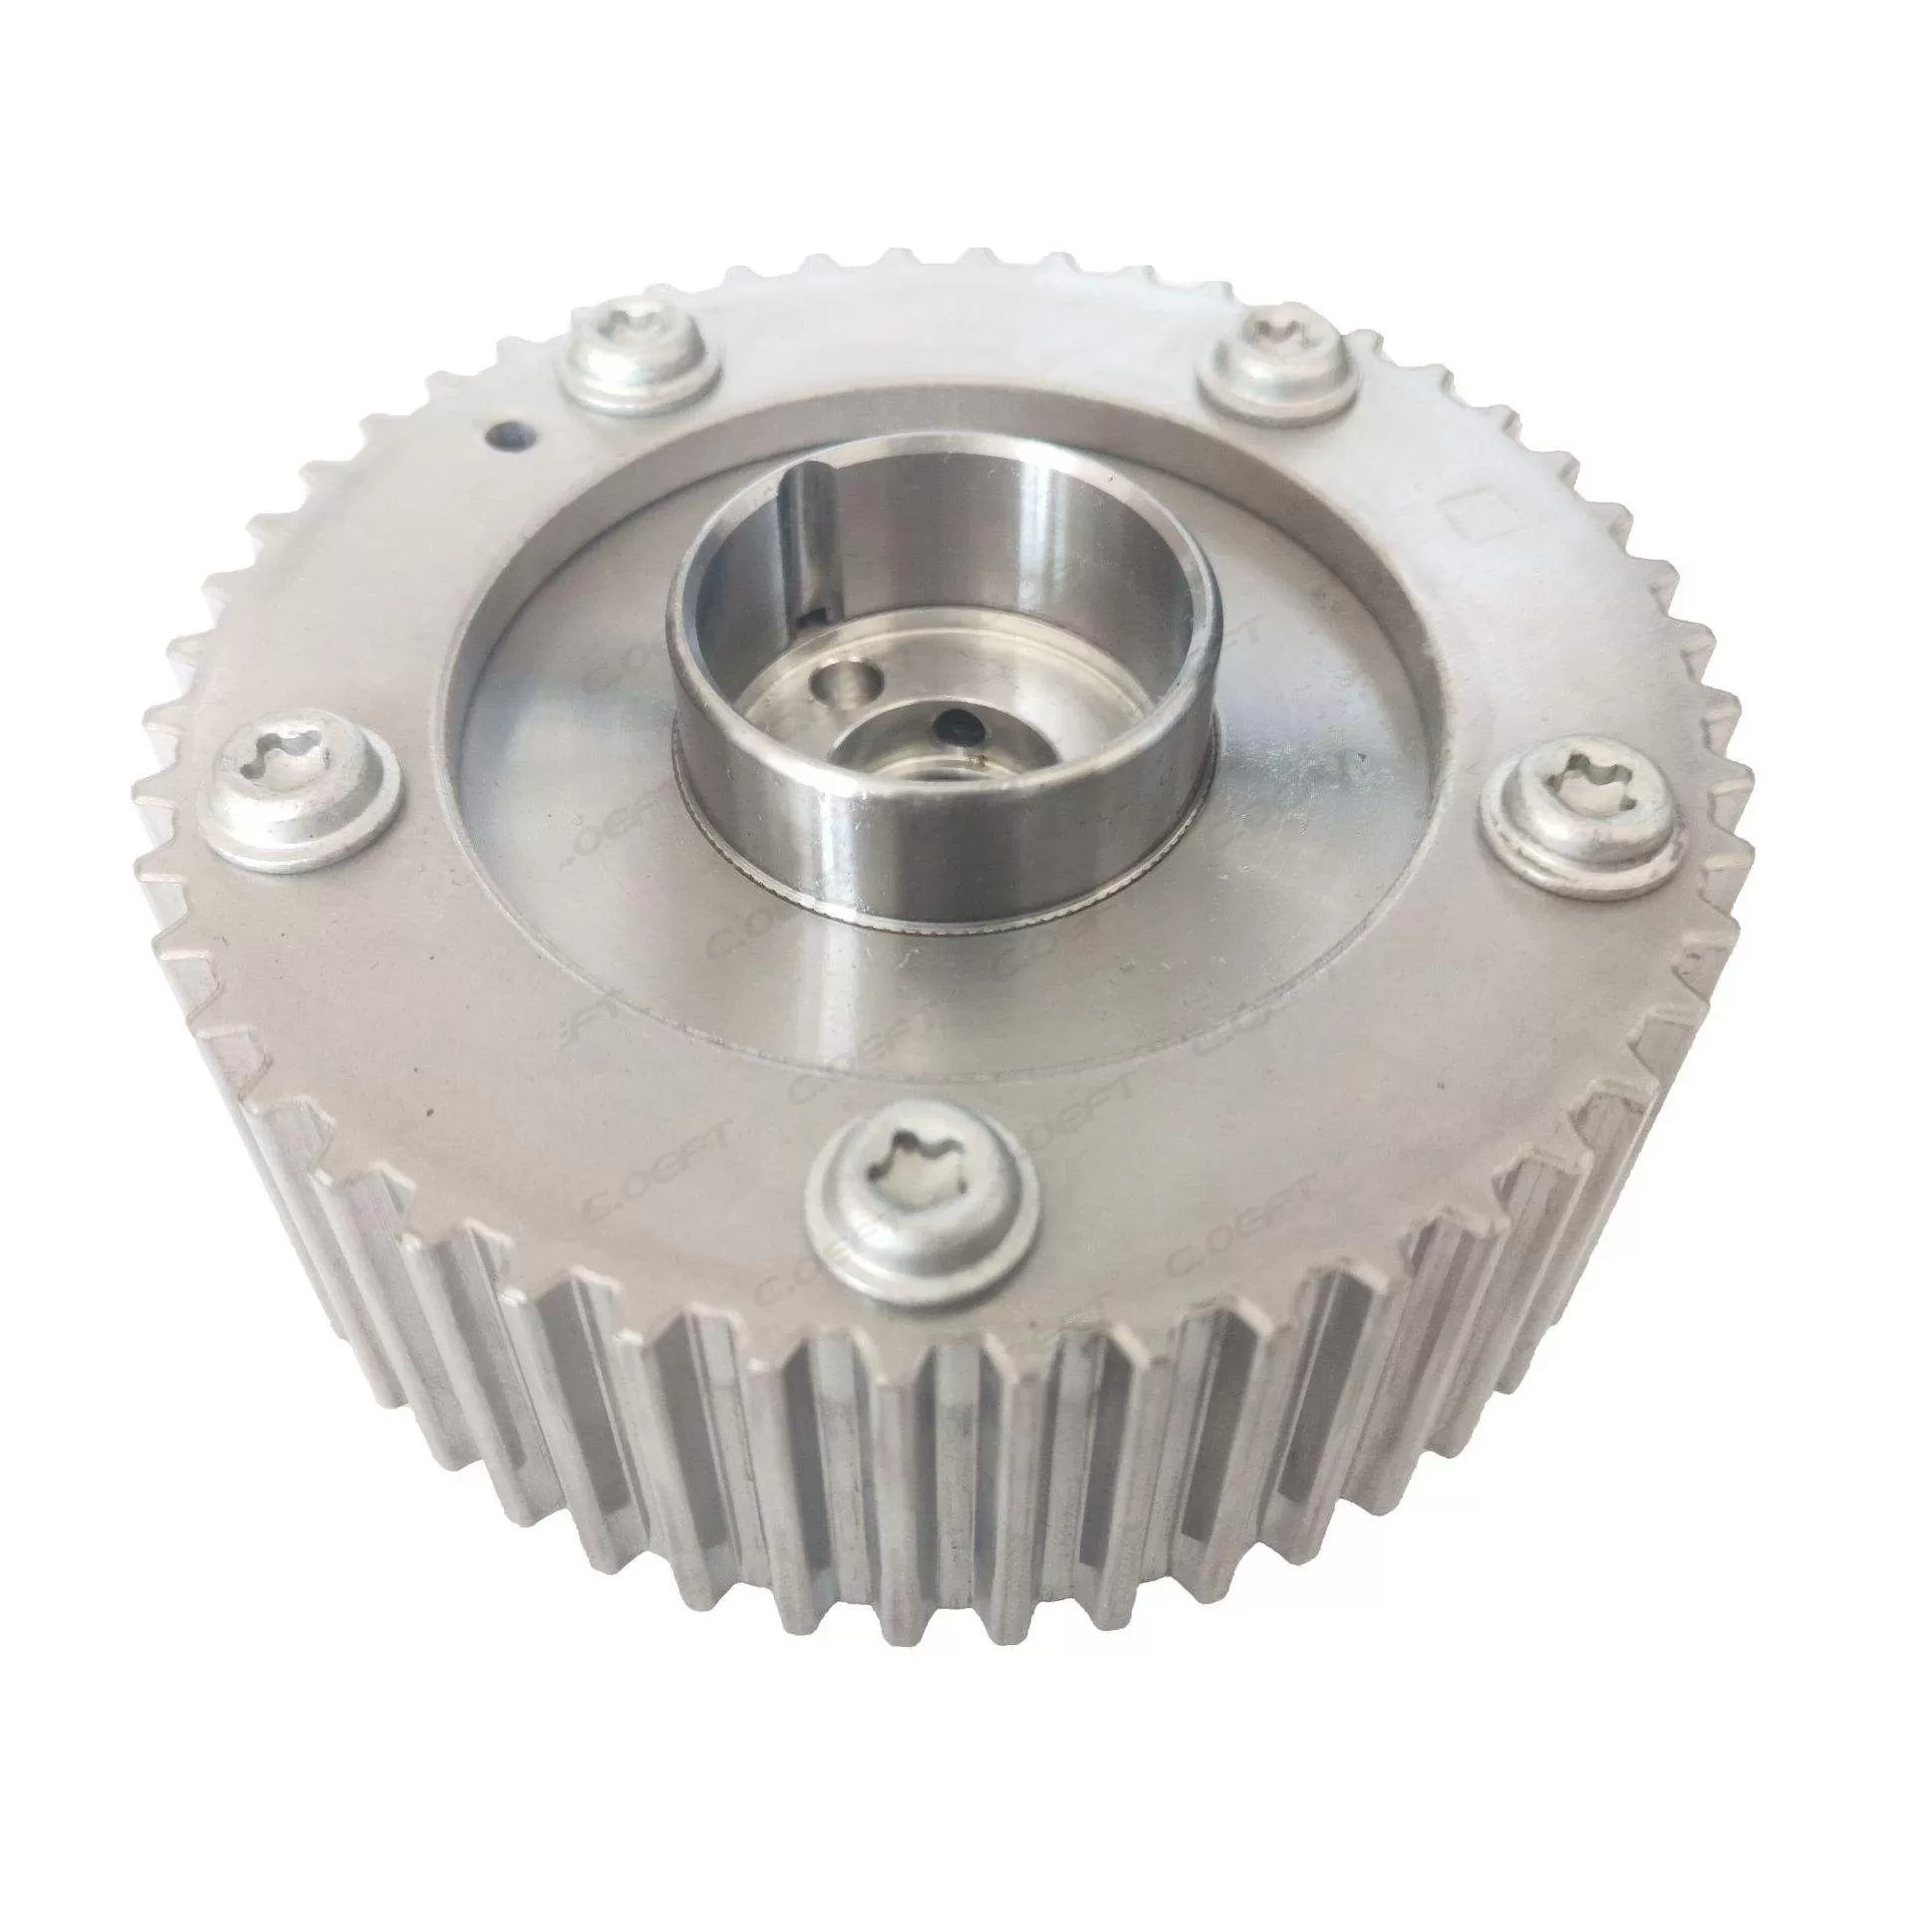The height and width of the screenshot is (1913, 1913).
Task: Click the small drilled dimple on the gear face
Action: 506,434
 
